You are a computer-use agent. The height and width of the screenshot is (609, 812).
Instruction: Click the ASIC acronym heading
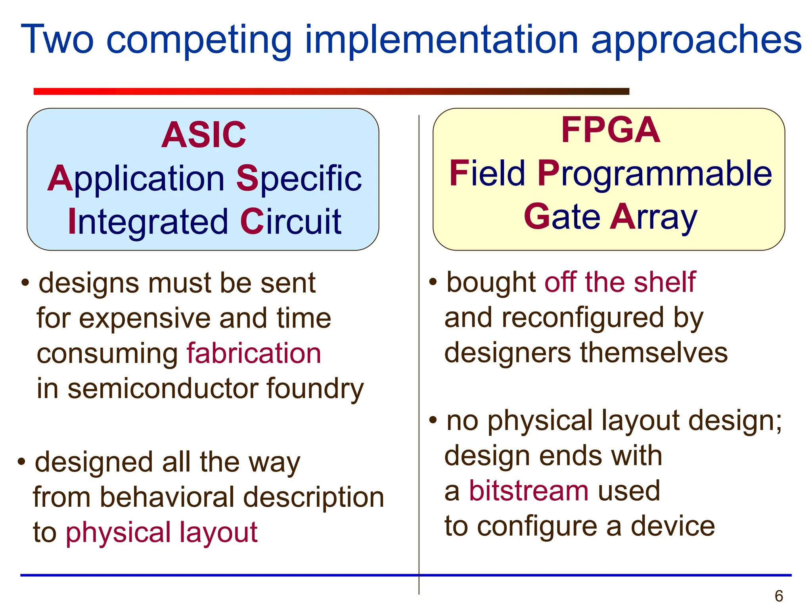(x=204, y=135)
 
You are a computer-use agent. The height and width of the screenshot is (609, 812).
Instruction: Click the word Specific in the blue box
(x=299, y=179)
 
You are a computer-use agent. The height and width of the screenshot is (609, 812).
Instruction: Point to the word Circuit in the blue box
(x=291, y=222)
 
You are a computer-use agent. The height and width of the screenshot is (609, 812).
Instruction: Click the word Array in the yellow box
(x=653, y=217)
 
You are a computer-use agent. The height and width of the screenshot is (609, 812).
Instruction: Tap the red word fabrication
(x=254, y=353)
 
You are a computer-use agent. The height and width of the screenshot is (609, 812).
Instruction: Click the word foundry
(x=315, y=389)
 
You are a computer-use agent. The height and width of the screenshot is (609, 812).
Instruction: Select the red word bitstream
(x=529, y=491)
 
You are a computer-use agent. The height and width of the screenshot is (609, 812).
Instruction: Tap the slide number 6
(x=779, y=596)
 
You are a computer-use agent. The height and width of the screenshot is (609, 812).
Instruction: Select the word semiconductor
(x=162, y=389)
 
